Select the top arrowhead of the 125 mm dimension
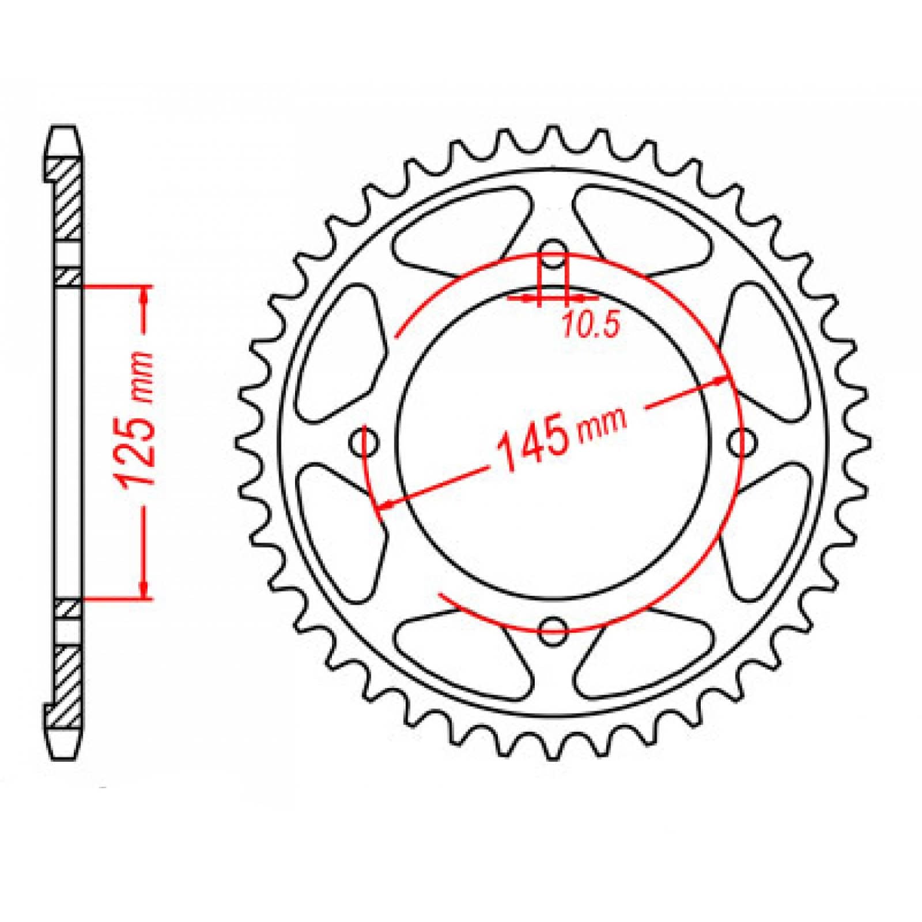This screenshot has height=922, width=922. pos(144,294)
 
